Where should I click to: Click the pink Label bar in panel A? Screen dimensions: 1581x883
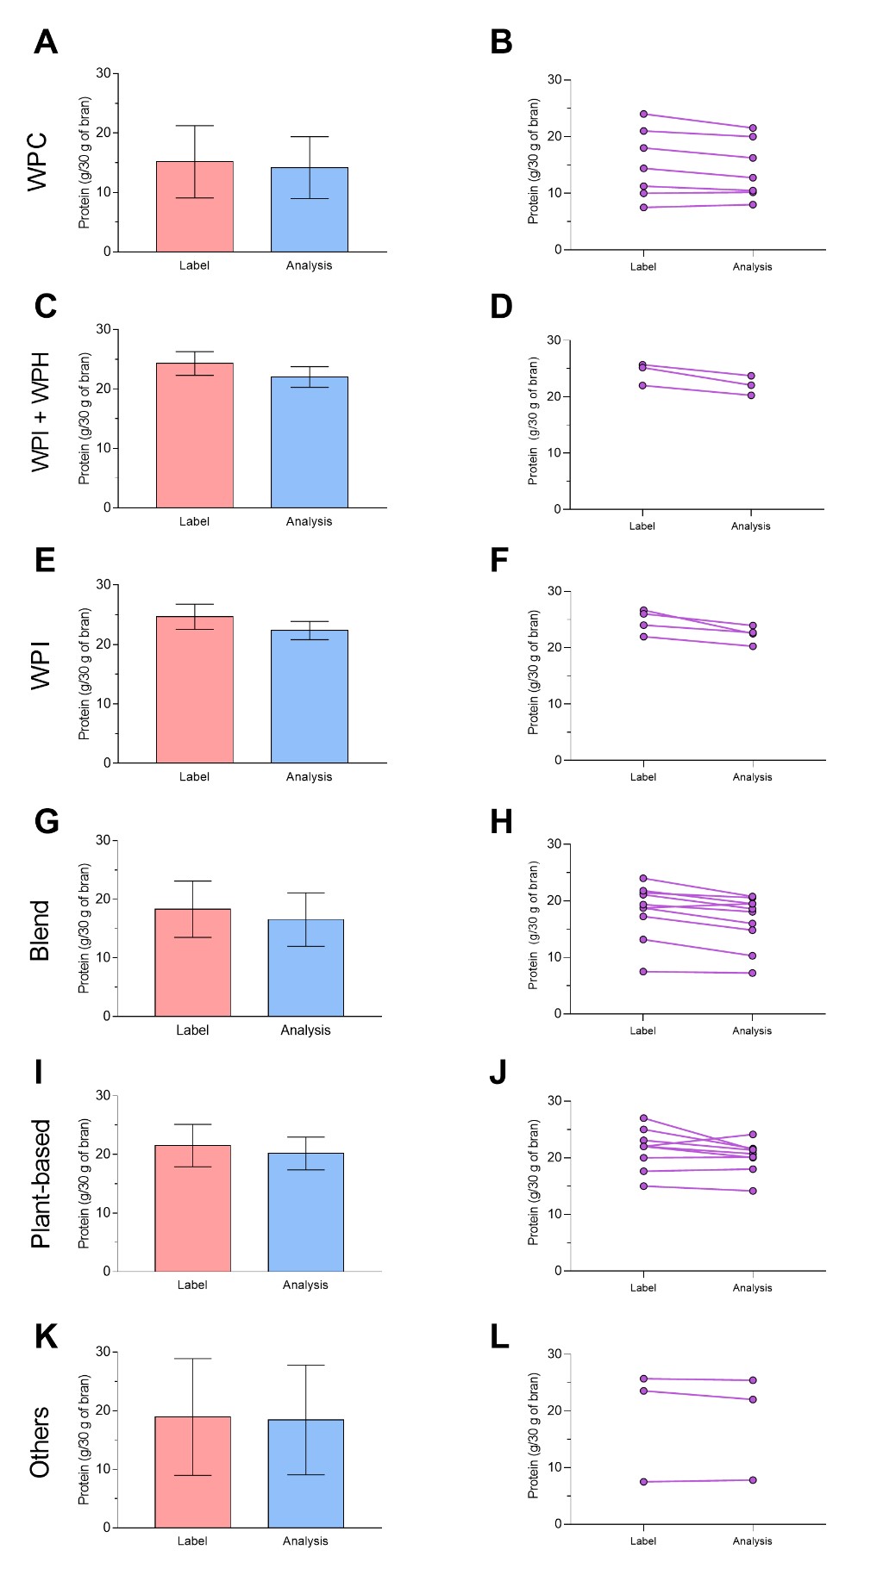tap(194, 207)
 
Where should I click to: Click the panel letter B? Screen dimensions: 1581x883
tap(501, 42)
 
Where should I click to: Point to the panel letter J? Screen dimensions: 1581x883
tap(498, 1073)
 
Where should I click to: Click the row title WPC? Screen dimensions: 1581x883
tap(38, 162)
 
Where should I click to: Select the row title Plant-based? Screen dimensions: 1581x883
tap(41, 1183)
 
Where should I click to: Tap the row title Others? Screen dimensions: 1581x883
tap(40, 1442)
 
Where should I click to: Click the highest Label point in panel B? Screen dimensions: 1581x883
tap(643, 114)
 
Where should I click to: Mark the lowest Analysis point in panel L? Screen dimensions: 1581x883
tap(753, 1480)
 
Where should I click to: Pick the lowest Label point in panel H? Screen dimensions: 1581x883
tap(643, 972)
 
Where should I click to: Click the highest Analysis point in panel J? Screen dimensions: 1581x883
tap(753, 1135)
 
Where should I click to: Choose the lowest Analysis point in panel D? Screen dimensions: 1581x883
tap(751, 395)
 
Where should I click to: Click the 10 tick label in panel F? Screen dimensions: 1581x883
tap(554, 704)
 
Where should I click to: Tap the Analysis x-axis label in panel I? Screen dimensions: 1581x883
tap(305, 1285)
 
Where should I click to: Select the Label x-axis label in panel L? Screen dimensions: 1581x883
tap(643, 1541)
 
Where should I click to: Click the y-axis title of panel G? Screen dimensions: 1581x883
tap(85, 928)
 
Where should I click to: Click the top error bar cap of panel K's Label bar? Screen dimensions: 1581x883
tap(192, 1359)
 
